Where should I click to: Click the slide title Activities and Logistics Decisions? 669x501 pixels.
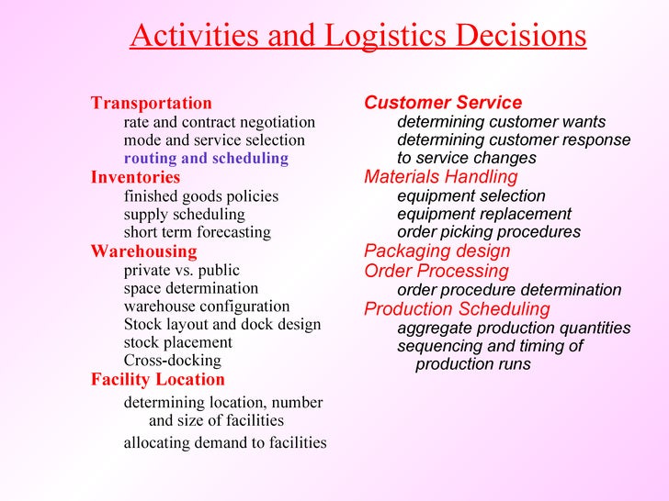(x=357, y=36)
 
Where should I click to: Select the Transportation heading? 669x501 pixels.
(x=151, y=103)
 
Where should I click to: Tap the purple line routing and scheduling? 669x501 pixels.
(x=206, y=158)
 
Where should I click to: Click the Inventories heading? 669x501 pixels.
(x=135, y=177)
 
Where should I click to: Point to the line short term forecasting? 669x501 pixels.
(x=197, y=232)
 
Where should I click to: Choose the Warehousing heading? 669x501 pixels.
(x=143, y=250)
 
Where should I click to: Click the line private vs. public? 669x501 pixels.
(x=181, y=270)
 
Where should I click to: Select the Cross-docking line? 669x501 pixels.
(x=172, y=361)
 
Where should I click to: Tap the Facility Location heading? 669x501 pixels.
(x=157, y=379)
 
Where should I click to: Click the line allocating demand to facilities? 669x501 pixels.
(x=225, y=442)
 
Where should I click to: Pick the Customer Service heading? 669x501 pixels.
(x=443, y=103)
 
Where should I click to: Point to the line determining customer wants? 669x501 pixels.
(x=501, y=122)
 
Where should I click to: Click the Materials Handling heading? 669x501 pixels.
(x=440, y=176)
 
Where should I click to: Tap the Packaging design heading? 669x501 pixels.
(x=437, y=250)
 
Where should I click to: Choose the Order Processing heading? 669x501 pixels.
(x=436, y=271)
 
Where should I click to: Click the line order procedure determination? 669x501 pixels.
(x=509, y=290)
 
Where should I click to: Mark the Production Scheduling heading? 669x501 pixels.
(x=457, y=308)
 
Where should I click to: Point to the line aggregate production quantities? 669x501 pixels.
(x=514, y=328)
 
